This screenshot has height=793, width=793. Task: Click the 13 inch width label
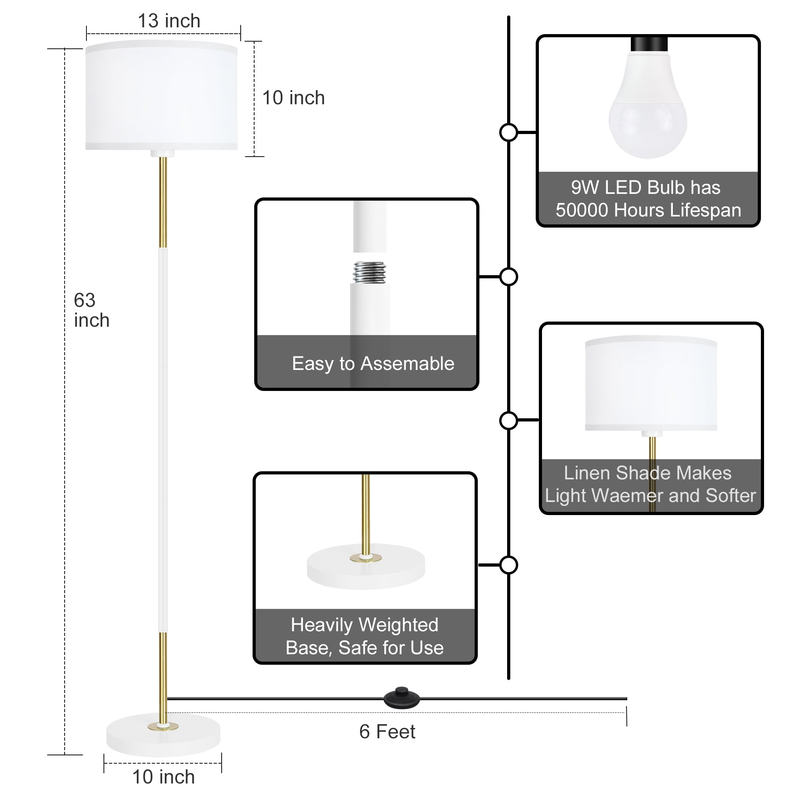tap(169, 21)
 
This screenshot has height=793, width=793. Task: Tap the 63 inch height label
tap(91, 310)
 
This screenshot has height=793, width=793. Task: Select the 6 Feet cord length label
tap(387, 732)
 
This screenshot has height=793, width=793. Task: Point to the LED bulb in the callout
tap(648, 111)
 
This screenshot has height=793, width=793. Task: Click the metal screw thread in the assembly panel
tap(370, 272)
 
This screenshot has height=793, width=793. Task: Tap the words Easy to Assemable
tap(373, 364)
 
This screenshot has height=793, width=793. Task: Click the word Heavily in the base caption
tap(322, 625)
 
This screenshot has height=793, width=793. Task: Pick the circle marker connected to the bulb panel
tap(509, 132)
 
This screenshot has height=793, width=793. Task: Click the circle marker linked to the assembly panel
tap(509, 277)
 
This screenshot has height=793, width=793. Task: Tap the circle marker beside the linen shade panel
tap(509, 421)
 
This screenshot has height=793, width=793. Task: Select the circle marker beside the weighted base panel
tap(509, 565)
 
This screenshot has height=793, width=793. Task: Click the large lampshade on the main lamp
tap(161, 96)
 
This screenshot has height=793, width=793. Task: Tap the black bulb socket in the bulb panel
tap(649, 44)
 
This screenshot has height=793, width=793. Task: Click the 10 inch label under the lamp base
tap(163, 777)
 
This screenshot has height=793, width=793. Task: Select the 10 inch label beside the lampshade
tap(293, 98)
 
